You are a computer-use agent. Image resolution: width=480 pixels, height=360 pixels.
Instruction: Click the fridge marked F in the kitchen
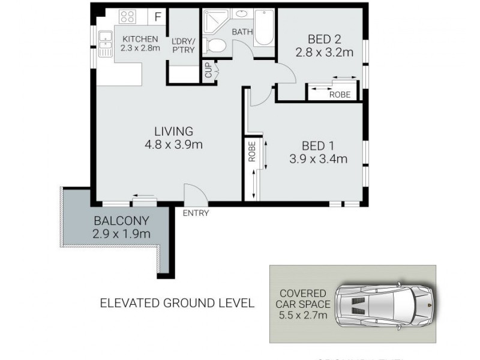158,17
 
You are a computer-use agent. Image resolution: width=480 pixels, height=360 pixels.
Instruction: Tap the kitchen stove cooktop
128,17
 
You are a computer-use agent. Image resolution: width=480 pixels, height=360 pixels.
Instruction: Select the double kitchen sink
106,44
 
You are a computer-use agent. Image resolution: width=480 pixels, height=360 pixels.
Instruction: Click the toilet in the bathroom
215,44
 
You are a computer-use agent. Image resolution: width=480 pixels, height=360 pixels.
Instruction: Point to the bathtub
263,28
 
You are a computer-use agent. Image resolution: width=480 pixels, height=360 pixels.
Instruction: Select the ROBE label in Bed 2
340,94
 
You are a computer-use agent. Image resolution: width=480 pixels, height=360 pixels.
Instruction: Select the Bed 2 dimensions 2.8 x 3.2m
323,53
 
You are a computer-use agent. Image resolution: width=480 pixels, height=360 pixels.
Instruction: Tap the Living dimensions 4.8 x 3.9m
173,145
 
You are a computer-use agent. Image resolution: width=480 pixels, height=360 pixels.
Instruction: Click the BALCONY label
121,220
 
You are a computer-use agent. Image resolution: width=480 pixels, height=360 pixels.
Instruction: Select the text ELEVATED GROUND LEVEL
176,303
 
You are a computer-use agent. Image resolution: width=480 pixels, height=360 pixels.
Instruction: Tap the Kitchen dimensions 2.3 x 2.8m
140,49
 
